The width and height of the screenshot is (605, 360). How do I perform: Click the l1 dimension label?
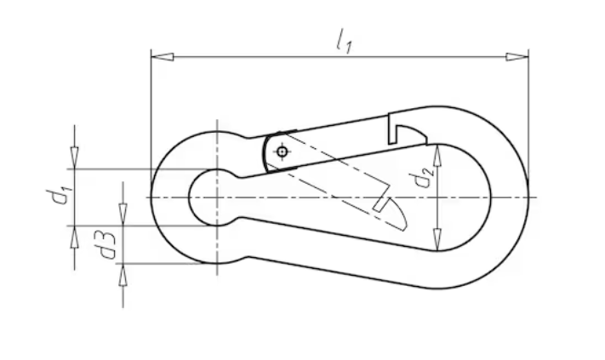(344, 42)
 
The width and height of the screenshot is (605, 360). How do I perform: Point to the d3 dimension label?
(106, 245)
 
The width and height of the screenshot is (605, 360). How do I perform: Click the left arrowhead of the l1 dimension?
(162, 57)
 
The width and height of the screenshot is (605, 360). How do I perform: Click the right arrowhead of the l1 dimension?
(517, 57)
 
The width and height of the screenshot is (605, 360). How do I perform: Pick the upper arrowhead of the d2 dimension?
(437, 157)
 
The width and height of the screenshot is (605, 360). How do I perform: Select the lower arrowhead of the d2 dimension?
(437, 240)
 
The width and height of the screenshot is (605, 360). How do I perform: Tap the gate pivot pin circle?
(282, 151)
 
